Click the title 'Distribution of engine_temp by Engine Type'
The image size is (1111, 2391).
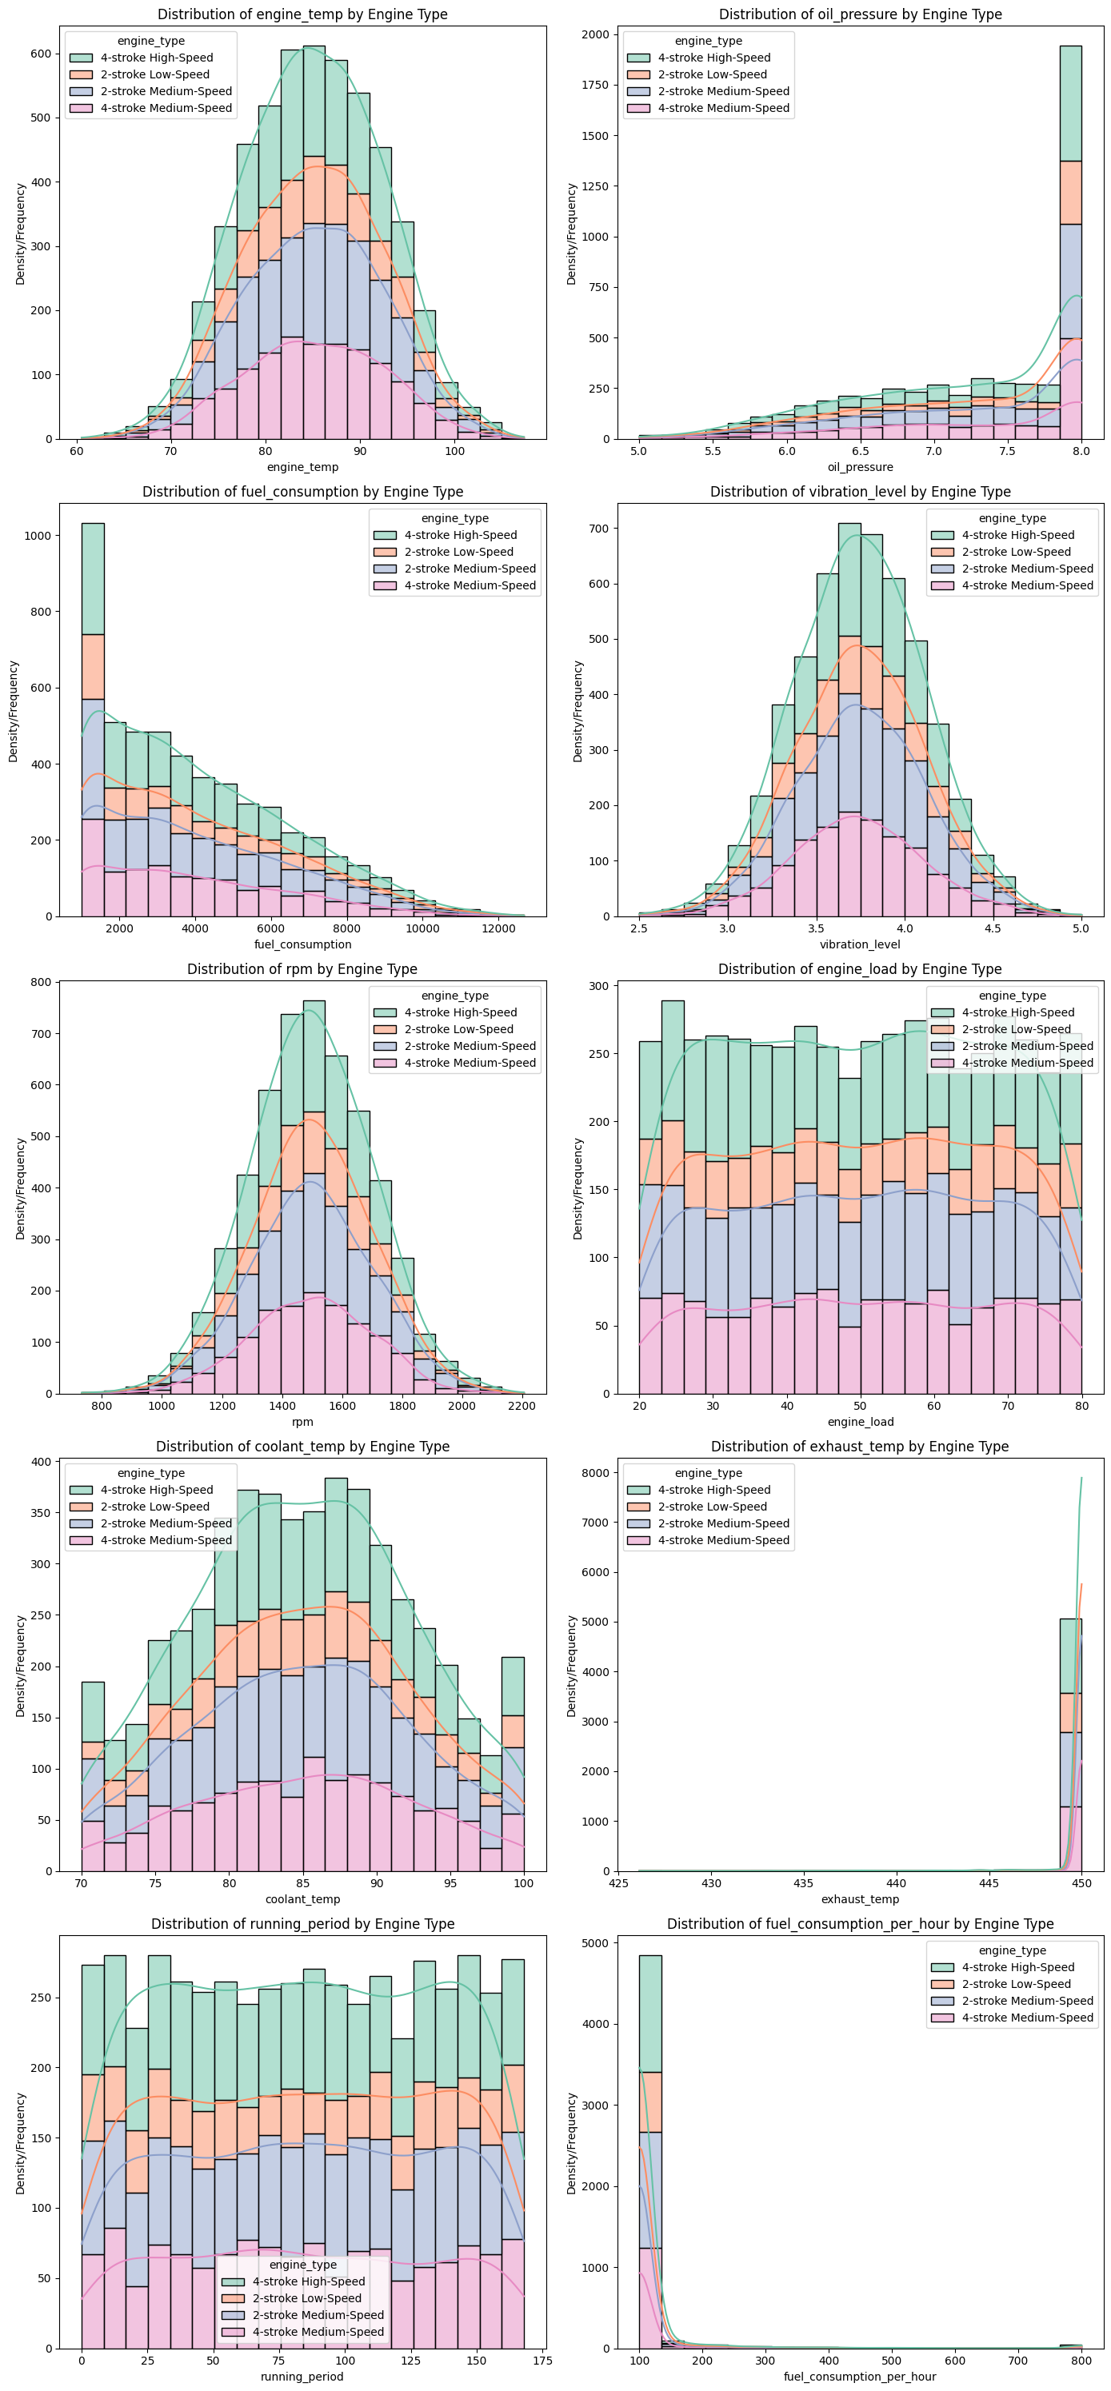pyautogui.click(x=302, y=14)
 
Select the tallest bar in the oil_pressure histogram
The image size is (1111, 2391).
pyautogui.click(x=1070, y=241)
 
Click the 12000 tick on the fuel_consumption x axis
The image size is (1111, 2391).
pyautogui.click(x=498, y=928)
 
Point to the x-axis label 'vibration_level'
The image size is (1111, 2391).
pyautogui.click(x=860, y=944)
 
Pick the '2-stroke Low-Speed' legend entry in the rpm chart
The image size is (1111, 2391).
pyautogui.click(x=458, y=1029)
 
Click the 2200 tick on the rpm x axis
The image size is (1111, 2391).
pyautogui.click(x=522, y=1405)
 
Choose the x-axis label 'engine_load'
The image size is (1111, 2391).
pyautogui.click(x=860, y=1421)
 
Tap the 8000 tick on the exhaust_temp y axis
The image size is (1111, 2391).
pyautogui.click(x=597, y=1473)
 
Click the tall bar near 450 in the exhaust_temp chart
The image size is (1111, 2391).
pyautogui.click(x=1070, y=1745)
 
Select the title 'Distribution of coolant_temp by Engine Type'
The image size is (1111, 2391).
pyautogui.click(x=302, y=1446)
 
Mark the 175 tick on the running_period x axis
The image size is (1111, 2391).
pyautogui.click(x=542, y=2361)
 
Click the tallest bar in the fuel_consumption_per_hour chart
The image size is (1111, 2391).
pyautogui.click(x=649, y=2153)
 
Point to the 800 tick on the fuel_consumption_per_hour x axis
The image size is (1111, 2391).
pyautogui.click(x=1081, y=2361)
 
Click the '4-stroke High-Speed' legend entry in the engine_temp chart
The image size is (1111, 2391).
pyautogui.click(x=157, y=58)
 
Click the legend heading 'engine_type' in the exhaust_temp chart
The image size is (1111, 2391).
pyautogui.click(x=708, y=1473)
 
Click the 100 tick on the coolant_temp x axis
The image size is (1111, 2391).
pyautogui.click(x=523, y=1883)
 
